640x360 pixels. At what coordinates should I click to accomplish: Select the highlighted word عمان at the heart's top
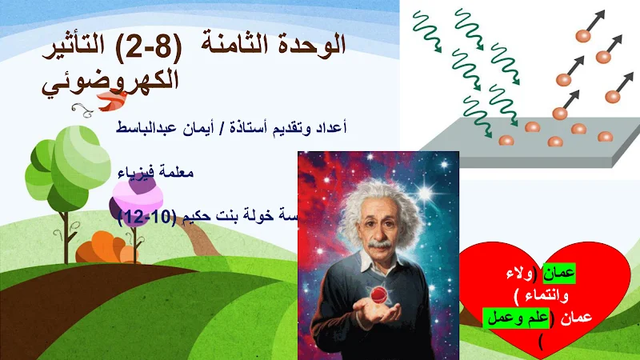(558, 273)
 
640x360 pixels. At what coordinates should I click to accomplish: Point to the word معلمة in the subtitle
(175, 172)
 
